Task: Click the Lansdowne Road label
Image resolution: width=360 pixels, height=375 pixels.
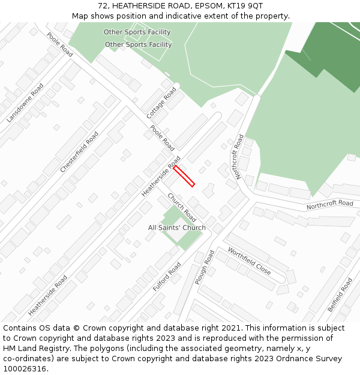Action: click(25, 103)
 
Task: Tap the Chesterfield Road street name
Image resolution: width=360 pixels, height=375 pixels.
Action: click(79, 152)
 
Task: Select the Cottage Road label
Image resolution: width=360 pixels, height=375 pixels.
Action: click(161, 103)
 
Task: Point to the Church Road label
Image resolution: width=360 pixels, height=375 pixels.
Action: click(182, 208)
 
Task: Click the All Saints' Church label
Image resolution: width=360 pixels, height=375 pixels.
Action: click(177, 227)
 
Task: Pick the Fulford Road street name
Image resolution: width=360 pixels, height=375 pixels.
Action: click(167, 277)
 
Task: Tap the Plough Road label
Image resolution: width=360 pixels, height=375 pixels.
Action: click(205, 268)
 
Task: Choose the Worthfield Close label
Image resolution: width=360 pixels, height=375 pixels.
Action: click(249, 262)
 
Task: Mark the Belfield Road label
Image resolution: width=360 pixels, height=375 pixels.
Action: click(340, 295)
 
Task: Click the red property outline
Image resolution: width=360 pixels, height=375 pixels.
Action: click(184, 176)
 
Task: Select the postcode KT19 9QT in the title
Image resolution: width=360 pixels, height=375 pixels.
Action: click(247, 6)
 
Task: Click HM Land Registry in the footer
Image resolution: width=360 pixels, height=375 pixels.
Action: click(35, 349)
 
